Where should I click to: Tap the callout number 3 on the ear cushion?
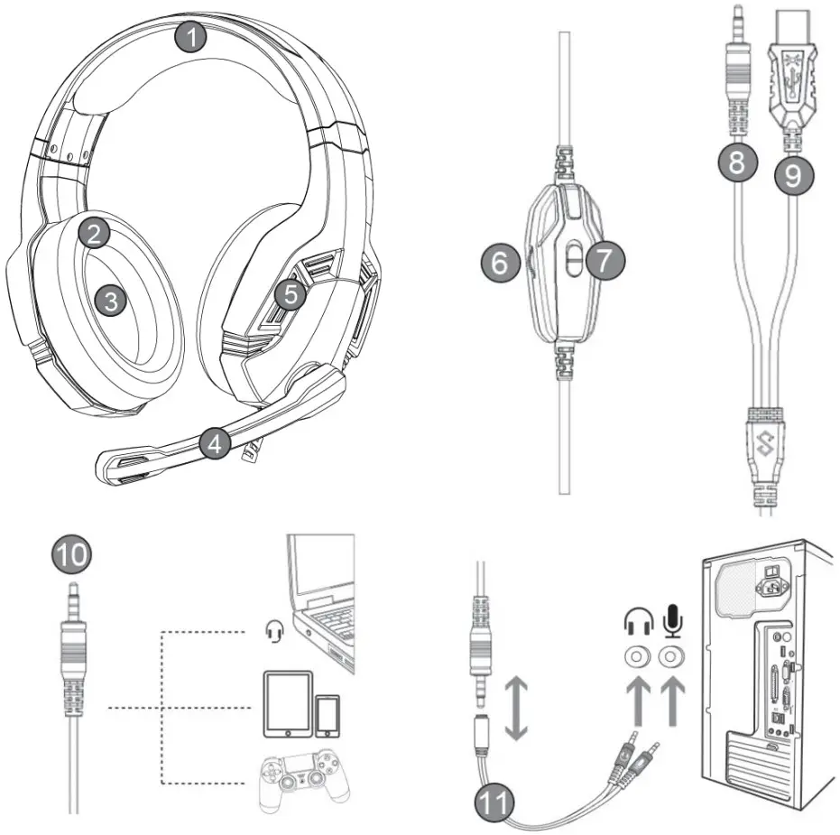[111, 302]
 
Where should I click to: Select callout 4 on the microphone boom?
[214, 442]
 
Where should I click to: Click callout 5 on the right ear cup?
[287, 293]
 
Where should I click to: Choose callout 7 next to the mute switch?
[604, 259]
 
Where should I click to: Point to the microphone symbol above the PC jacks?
[670, 621]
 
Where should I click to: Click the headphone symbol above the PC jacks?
[637, 622]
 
